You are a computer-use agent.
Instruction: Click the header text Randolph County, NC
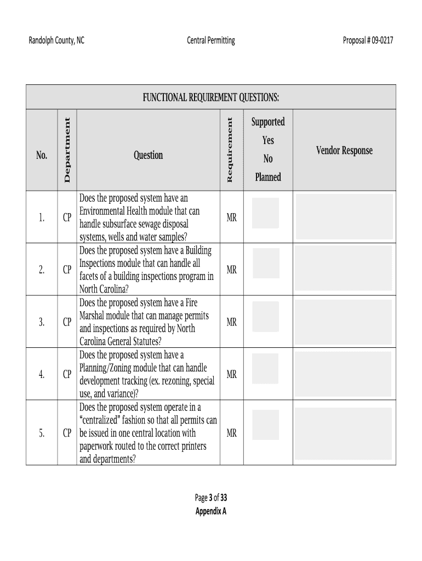[x=56, y=40]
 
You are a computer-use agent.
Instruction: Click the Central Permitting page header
[x=210, y=40]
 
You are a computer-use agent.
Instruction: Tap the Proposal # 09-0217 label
[x=368, y=40]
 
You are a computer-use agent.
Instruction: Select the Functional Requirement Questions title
[x=211, y=98]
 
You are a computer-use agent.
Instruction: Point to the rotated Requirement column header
[x=230, y=150]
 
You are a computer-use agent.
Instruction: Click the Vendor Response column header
[x=344, y=151]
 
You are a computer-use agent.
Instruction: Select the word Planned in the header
[x=267, y=177]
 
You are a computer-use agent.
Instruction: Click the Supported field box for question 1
[x=265, y=213]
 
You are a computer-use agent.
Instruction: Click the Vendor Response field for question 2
[x=344, y=268]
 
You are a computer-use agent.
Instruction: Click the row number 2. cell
[x=42, y=270]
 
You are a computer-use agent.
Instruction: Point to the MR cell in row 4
[x=231, y=375]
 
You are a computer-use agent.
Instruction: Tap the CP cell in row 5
[x=67, y=433]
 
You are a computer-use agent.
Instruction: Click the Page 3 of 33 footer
[x=211, y=498]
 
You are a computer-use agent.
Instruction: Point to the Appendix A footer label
[x=211, y=511]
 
